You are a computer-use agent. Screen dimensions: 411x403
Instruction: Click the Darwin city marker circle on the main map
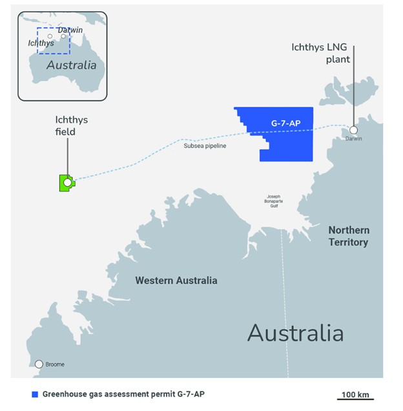click(353, 130)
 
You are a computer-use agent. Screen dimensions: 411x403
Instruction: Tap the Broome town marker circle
click(39, 364)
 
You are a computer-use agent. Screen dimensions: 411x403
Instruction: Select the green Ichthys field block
click(65, 183)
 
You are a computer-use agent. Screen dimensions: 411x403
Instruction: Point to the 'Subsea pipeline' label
click(205, 146)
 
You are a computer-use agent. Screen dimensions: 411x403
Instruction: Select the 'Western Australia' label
click(176, 280)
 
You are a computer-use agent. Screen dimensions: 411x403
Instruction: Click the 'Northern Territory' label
click(349, 237)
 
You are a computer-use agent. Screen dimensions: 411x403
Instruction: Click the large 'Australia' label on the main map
click(295, 333)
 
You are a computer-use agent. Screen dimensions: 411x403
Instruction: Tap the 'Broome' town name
click(55, 364)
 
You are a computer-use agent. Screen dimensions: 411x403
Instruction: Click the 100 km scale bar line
click(355, 399)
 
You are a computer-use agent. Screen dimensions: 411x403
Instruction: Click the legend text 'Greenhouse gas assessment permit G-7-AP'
click(126, 394)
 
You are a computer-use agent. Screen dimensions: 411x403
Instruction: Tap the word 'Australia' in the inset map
click(71, 65)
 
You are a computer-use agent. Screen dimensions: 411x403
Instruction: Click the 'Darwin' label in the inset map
click(70, 30)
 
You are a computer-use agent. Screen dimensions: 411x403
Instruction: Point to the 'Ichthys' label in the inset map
click(41, 43)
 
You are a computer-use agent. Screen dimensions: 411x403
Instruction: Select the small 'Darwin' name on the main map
click(354, 139)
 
